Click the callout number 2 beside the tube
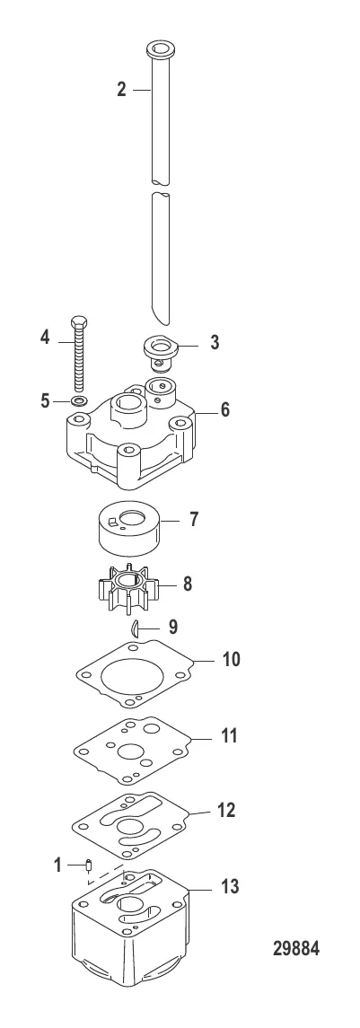coord(121,89)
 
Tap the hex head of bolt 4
coord(77,323)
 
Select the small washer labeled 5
coord(80,400)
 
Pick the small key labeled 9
coord(135,628)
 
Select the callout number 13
coord(229,886)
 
